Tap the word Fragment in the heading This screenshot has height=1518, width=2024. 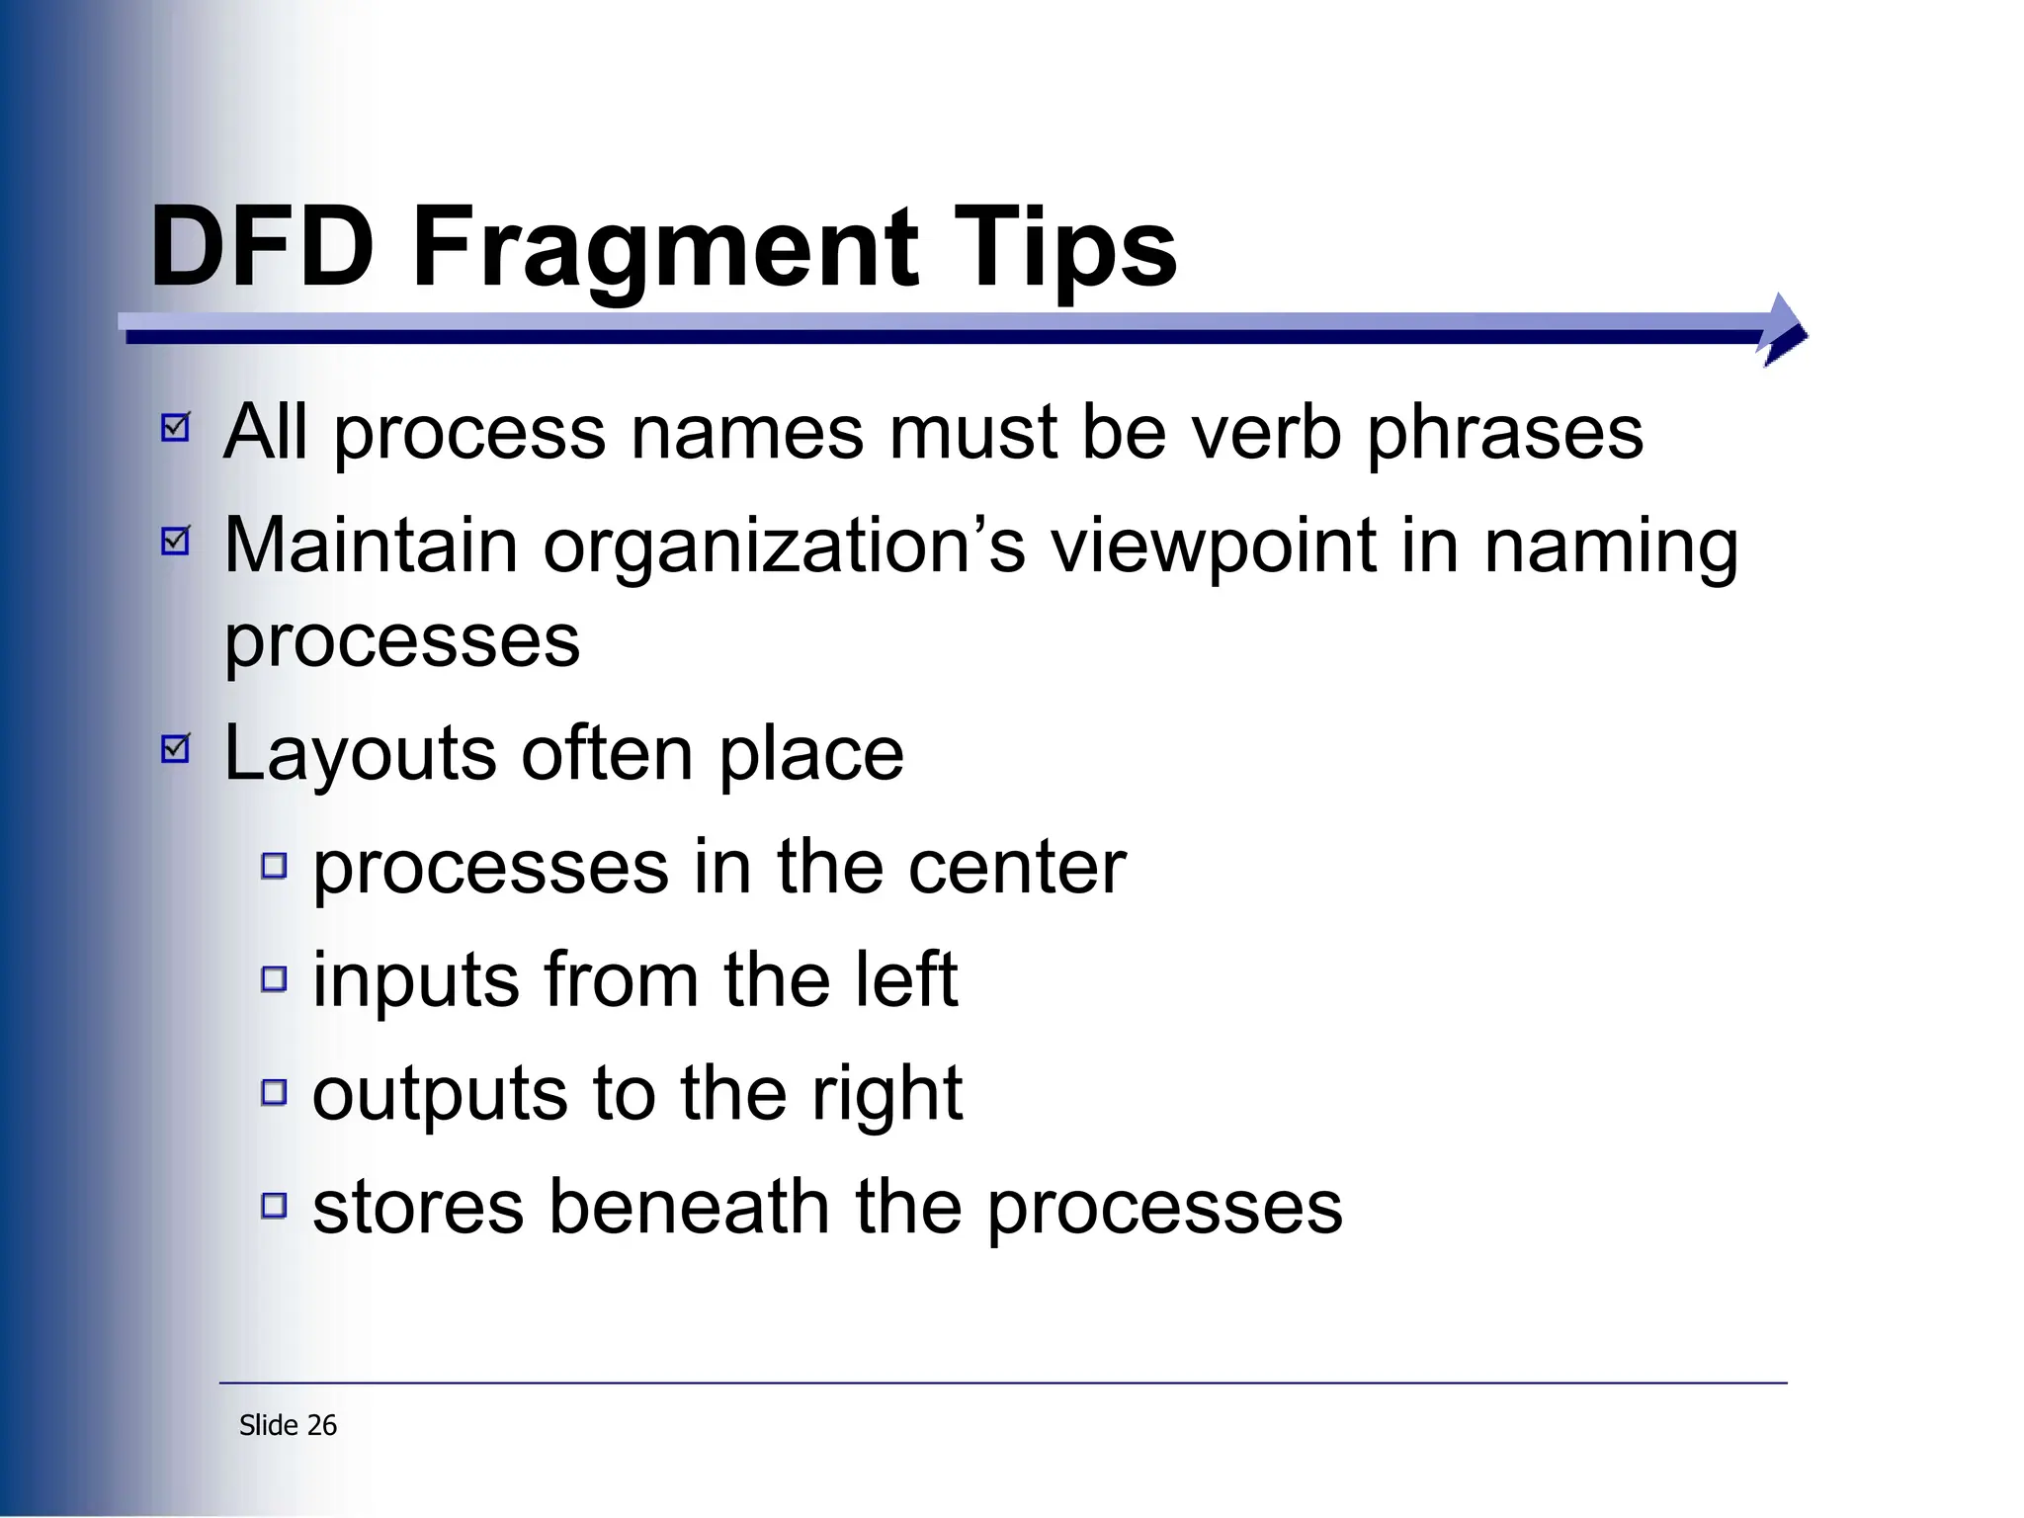click(664, 247)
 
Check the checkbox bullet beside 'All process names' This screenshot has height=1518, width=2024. click(176, 427)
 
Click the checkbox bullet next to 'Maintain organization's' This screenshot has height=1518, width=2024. click(176, 540)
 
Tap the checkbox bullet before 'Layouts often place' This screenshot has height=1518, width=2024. click(176, 748)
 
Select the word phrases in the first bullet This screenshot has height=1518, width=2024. click(1504, 435)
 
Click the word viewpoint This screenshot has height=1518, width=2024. click(1213, 548)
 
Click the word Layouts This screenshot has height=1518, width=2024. click(360, 755)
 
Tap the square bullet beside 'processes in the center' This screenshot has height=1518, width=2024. click(274, 867)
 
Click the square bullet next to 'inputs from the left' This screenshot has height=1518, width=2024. click(274, 979)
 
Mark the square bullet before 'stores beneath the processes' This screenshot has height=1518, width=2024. click(274, 1206)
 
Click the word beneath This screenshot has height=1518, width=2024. click(689, 1207)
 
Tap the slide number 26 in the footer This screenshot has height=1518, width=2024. click(322, 1425)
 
